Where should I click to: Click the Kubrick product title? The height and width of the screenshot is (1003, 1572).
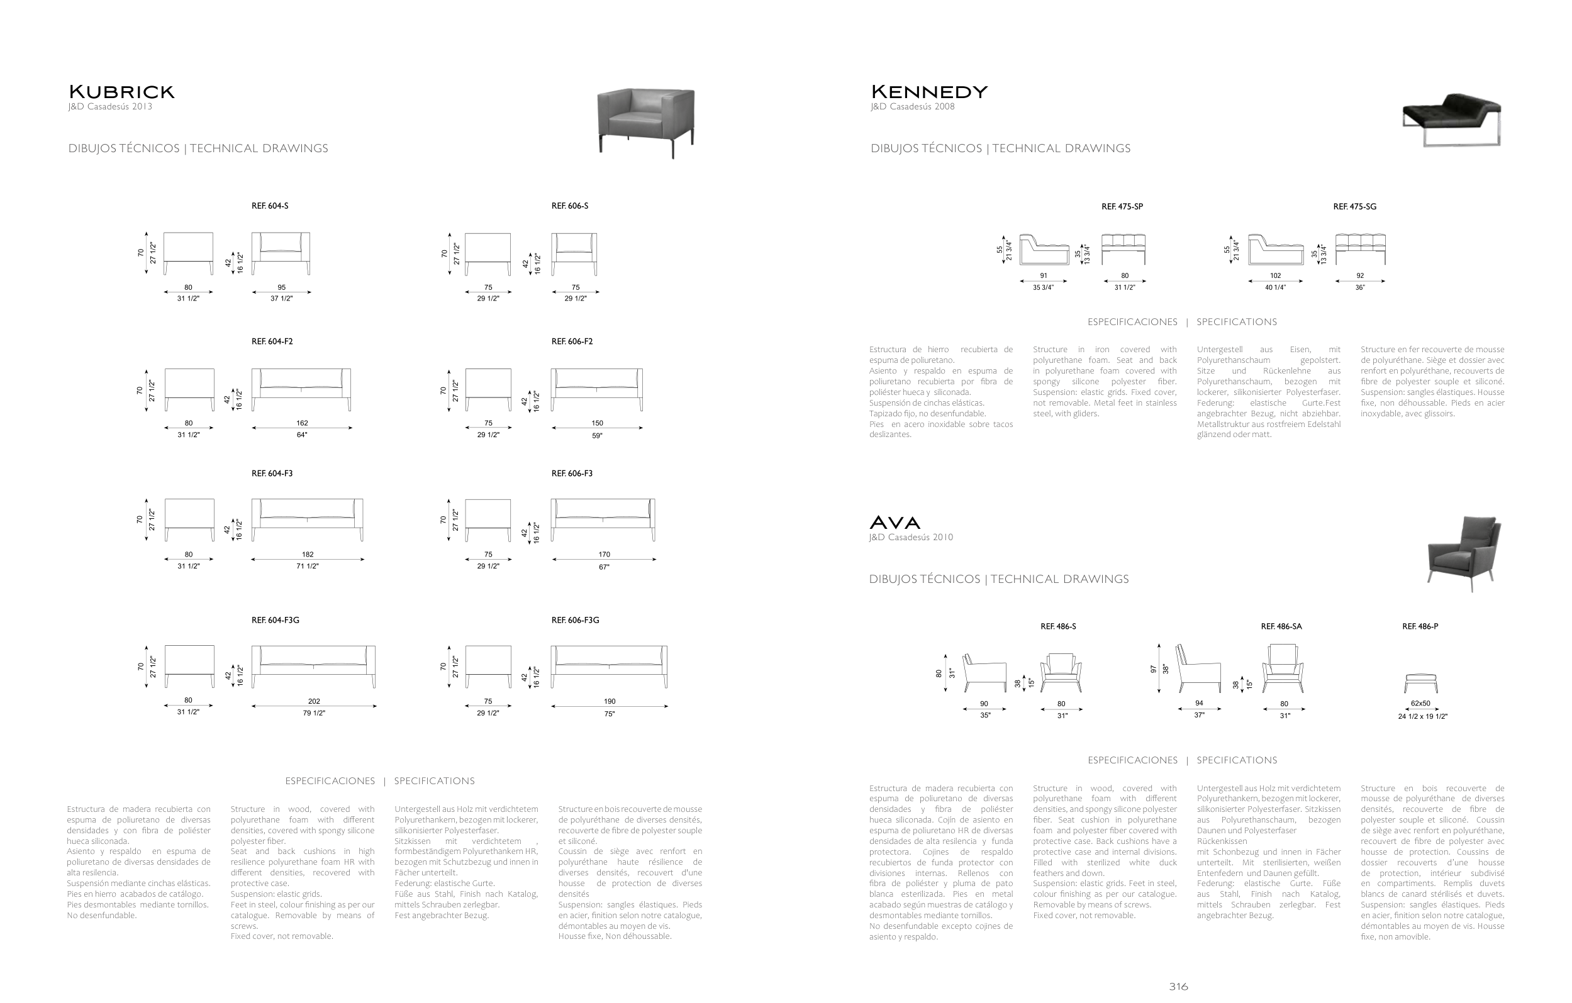[x=121, y=92]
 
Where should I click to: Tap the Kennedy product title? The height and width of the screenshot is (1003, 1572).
[x=928, y=92]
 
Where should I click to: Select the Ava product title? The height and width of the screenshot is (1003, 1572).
[x=895, y=523]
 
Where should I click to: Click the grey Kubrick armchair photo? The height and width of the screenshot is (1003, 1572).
[x=645, y=121]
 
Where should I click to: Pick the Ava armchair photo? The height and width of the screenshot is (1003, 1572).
[x=1464, y=552]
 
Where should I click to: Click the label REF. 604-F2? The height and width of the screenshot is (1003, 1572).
[x=272, y=341]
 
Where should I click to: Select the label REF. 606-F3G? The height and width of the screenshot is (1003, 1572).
[x=574, y=620]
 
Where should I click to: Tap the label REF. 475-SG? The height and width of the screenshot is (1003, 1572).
[x=1354, y=207]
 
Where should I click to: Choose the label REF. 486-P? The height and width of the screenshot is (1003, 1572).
[x=1420, y=626]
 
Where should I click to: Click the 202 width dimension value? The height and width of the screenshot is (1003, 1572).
[x=314, y=702]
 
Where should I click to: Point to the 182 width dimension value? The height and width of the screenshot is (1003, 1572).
[x=308, y=555]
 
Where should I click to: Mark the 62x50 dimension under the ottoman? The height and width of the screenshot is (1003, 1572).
[x=1420, y=704]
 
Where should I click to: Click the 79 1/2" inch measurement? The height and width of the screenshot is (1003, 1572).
[x=314, y=713]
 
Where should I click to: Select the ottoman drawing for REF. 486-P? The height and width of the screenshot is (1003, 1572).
[x=1420, y=684]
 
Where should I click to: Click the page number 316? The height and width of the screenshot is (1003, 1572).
[x=1178, y=987]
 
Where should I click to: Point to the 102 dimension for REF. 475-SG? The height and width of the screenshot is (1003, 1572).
[x=1275, y=275]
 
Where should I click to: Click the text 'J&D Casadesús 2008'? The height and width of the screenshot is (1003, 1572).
[x=912, y=107]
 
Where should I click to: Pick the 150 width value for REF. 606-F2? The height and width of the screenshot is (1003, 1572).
[x=597, y=423]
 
